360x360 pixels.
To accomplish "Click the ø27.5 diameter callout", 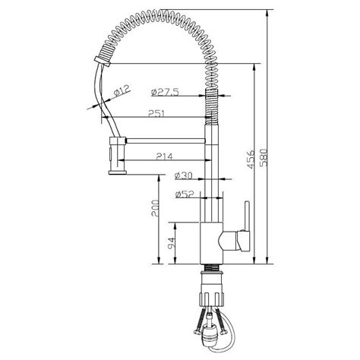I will [x=164, y=92].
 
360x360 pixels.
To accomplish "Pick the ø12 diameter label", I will [x=121, y=92].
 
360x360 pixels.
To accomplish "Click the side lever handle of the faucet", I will [x=245, y=228].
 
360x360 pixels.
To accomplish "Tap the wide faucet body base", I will [x=215, y=242].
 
